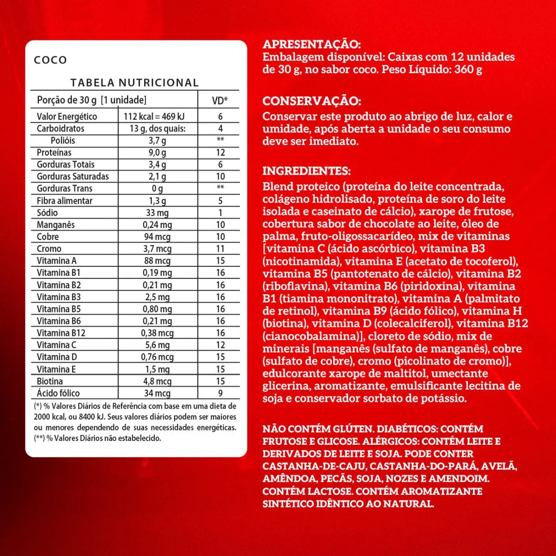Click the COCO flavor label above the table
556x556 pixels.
click(51, 60)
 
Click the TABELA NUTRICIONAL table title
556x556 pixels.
click(134, 83)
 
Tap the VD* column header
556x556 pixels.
click(220, 100)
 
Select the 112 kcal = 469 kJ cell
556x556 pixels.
click(154, 116)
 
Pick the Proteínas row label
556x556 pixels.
click(54, 152)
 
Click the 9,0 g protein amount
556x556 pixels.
click(157, 152)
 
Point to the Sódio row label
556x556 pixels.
click(47, 213)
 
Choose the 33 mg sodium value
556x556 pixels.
click(157, 213)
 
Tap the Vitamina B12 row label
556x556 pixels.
click(61, 333)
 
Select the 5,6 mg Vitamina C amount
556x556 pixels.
click(157, 345)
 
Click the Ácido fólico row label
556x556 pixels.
click(58, 393)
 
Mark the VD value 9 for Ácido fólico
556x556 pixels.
click(220, 393)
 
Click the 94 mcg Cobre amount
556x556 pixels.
click(157, 237)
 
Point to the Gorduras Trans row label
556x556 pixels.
click(64, 189)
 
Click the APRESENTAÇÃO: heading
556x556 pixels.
click(311, 44)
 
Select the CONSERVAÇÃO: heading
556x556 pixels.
click(311, 101)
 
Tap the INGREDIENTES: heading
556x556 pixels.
click(306, 171)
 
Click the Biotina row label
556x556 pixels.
click(50, 381)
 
